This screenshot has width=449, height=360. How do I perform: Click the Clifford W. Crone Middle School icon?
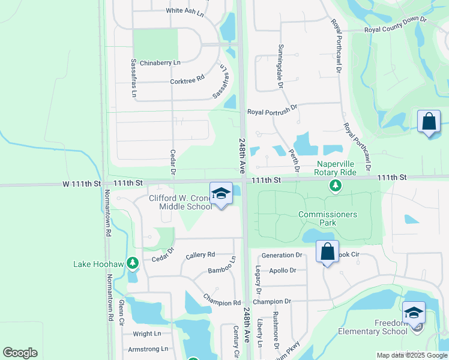221,193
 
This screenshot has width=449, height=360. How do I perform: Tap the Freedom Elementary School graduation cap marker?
414,313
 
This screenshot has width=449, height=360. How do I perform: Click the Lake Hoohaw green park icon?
133,263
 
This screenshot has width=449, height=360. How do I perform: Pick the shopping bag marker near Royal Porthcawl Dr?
429,122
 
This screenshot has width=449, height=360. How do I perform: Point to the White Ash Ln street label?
186,11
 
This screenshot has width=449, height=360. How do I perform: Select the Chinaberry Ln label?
160,62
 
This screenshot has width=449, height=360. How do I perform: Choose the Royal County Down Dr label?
395,25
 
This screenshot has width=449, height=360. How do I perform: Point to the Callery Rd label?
200,255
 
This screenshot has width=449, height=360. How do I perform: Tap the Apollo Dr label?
283,271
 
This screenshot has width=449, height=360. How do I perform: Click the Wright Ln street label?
147,334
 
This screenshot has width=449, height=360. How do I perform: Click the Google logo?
20,353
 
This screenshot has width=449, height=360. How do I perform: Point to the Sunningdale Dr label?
280,67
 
